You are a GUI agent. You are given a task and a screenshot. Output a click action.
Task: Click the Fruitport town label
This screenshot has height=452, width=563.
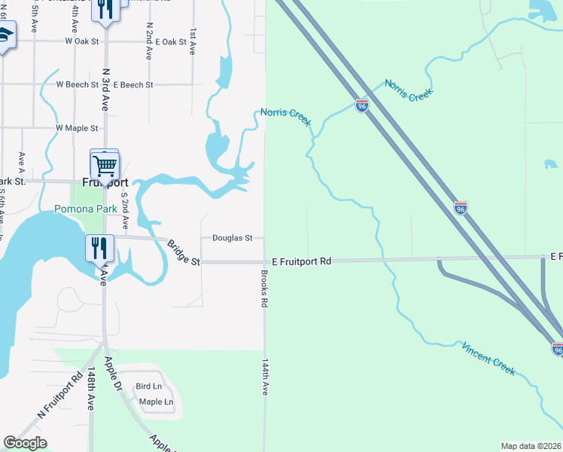(105, 182)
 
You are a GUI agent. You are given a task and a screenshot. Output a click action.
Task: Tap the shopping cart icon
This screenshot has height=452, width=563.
(105, 164)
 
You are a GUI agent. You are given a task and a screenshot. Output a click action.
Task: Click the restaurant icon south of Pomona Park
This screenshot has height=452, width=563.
(99, 247)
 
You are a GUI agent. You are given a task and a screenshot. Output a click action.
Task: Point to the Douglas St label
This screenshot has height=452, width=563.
(232, 238)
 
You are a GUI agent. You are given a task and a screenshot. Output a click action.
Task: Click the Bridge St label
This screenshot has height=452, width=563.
(184, 253)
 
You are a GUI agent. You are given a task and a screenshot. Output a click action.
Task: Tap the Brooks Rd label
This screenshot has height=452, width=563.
(264, 289)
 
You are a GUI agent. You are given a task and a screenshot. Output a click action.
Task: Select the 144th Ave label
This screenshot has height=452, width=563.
(265, 377)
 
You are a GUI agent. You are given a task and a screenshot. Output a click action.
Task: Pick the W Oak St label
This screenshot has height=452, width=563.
(83, 42)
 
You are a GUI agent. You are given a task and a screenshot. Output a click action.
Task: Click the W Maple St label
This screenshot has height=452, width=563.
(77, 129)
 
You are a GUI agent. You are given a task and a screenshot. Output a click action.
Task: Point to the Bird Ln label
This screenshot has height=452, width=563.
(148, 387)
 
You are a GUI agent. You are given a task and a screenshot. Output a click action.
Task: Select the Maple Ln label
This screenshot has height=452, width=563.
(156, 402)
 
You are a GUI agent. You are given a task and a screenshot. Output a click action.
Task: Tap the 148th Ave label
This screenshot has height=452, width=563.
(90, 389)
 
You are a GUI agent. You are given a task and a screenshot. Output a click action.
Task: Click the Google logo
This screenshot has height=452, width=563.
(25, 443)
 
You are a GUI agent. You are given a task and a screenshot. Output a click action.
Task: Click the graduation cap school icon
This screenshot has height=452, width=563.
(5, 36)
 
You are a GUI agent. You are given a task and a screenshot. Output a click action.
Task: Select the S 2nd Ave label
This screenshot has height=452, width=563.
(126, 212)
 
